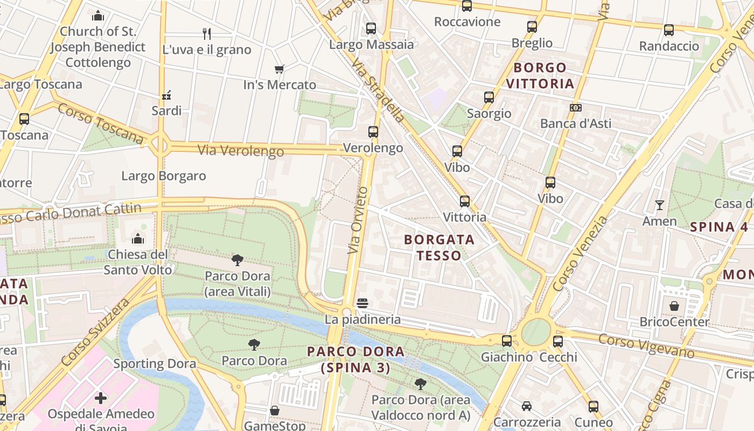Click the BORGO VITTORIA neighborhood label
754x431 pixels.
[x=540, y=75]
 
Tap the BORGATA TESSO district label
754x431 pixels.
[x=439, y=247]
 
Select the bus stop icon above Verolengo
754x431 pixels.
[x=373, y=132]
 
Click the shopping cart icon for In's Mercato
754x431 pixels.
[x=279, y=69]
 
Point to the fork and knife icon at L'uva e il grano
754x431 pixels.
[x=207, y=34]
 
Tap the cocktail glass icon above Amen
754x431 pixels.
[x=659, y=205]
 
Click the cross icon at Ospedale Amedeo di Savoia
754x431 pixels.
[x=101, y=399]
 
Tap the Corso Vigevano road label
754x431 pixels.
[x=646, y=346]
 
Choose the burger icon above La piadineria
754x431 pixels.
[x=362, y=303]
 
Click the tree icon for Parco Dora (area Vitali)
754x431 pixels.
[x=238, y=261]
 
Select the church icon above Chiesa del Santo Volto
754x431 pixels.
[x=138, y=238]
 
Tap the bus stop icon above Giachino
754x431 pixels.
[x=506, y=341]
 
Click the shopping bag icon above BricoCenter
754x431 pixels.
[x=674, y=307]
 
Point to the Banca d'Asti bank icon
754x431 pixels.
[x=576, y=108]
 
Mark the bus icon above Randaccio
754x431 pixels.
[x=669, y=30]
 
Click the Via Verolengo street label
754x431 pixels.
[x=240, y=151]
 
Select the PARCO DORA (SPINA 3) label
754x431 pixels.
[x=355, y=359]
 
